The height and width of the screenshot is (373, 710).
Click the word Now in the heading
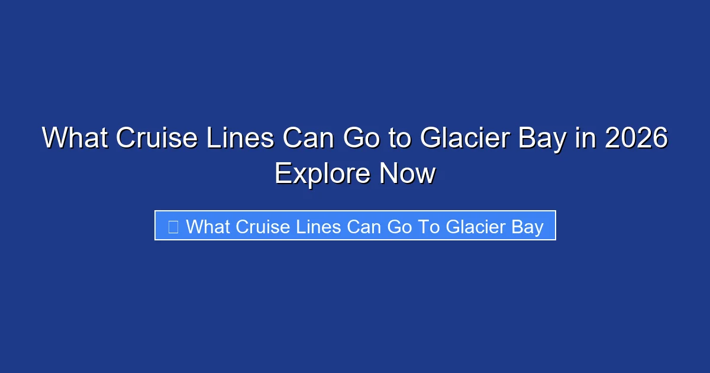408,174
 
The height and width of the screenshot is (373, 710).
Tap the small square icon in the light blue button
173,226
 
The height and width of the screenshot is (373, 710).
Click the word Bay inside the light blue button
525,226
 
